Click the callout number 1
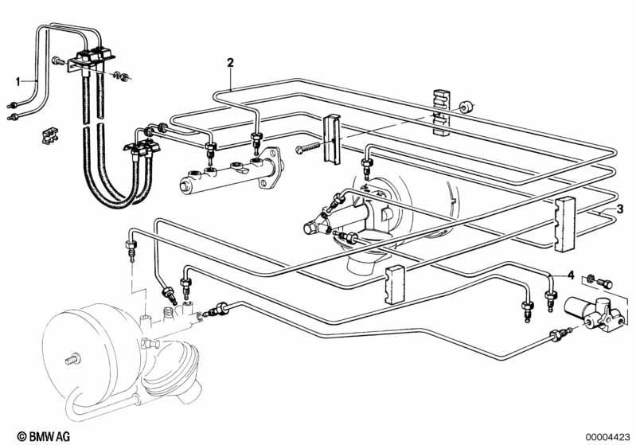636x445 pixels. coord(18,82)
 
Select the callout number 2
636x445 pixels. coord(230,63)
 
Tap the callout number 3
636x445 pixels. coord(620,209)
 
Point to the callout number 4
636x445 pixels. coord(571,275)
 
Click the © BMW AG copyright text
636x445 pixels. coord(44,436)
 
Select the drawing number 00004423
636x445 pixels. coord(607,437)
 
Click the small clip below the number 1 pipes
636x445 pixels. coord(50,135)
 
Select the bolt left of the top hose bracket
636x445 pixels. coord(58,61)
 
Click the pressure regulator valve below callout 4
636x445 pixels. coord(592,311)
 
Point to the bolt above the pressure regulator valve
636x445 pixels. coord(604,284)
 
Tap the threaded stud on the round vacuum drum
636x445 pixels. coord(72,359)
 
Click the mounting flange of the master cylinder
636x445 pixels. coord(271,168)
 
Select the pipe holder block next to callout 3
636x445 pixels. coord(564,224)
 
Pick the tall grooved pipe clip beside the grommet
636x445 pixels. coord(442,112)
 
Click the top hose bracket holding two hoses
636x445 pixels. coord(91,59)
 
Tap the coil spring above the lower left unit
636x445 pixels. coord(168,314)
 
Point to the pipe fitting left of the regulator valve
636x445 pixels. coord(560,334)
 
